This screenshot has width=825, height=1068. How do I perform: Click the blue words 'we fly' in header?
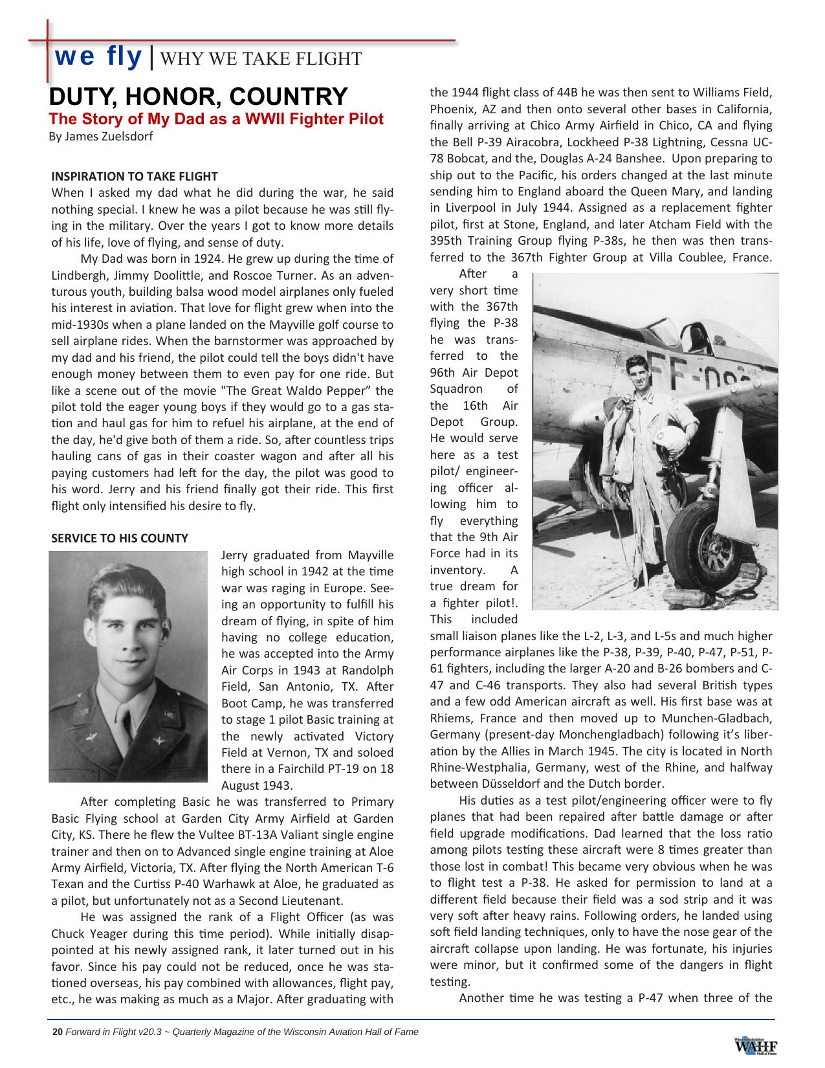pos(98,57)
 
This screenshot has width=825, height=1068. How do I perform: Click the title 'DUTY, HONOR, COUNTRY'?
pos(199,96)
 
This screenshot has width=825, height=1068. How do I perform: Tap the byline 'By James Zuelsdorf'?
pos(101,137)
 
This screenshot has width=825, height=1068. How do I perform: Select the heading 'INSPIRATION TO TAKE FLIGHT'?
pos(135,176)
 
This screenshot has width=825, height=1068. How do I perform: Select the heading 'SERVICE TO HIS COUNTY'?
pos(120,538)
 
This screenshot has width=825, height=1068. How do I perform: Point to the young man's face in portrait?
pos(127,638)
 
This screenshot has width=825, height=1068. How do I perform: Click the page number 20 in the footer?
pos(57,1032)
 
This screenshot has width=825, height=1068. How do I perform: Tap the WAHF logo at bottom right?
pos(755,1045)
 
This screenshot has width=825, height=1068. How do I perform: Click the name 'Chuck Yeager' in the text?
pos(85,933)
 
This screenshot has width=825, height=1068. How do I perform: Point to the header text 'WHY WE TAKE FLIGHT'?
pos(260,59)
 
